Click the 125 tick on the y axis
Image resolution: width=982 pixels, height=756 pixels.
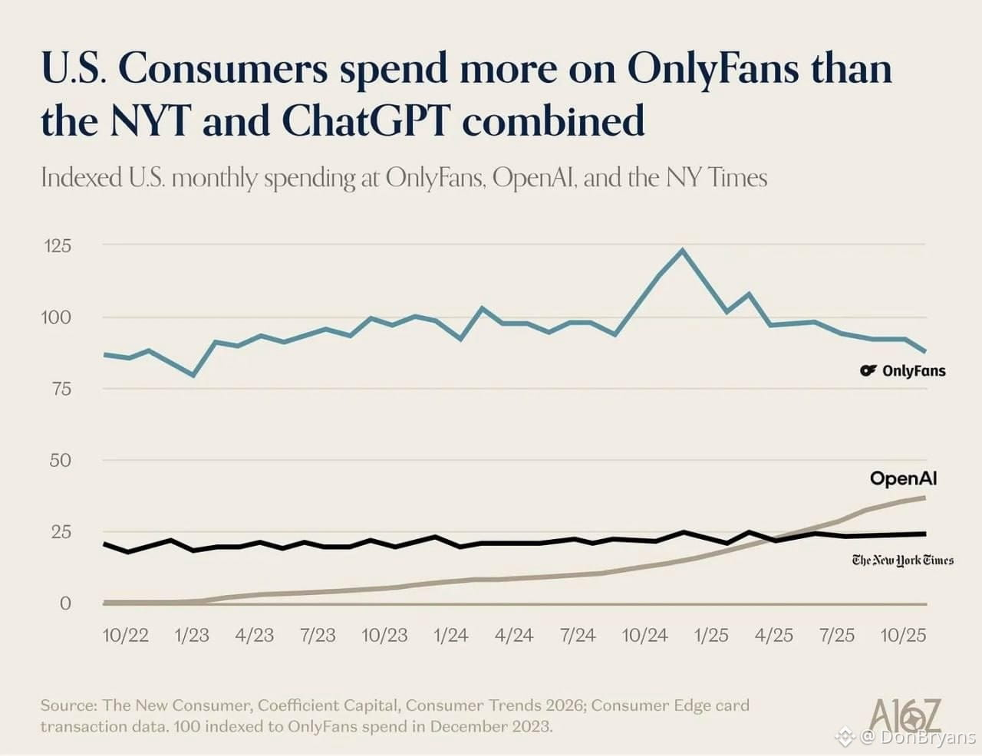pos(58,247)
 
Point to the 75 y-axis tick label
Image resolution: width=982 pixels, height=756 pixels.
pos(61,390)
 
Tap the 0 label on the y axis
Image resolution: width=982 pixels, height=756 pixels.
pos(65,603)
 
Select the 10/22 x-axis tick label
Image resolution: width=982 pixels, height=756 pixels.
pos(126,636)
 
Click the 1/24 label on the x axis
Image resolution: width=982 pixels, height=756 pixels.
pos(450,636)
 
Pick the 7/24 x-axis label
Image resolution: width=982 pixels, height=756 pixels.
pos(578,636)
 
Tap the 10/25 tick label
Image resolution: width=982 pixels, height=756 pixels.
pos(904,636)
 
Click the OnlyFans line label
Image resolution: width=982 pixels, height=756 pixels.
pos(902,371)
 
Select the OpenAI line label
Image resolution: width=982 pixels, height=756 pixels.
pos(904,478)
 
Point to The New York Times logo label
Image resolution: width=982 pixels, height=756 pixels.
pos(903,560)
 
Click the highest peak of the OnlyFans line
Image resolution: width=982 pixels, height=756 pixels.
pos(682,250)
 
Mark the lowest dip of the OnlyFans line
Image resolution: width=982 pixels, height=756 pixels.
pos(194,375)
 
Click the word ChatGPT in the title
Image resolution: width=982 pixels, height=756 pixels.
pos(366,120)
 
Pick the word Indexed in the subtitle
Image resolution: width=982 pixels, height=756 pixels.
pos(81,177)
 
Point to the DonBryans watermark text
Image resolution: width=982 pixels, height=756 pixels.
pos(928,737)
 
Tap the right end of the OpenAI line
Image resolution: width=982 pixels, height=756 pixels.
pos(925,498)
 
